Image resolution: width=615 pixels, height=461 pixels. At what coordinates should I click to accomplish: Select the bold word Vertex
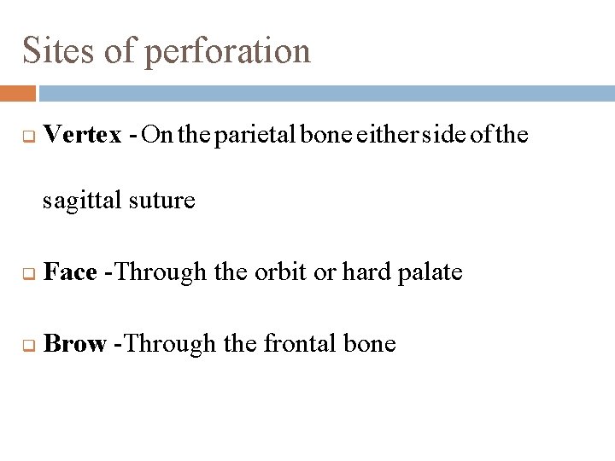click(82, 134)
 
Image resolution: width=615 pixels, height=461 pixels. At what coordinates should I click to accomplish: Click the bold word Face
click(70, 272)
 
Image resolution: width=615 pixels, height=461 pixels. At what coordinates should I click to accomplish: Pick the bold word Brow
click(74, 343)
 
